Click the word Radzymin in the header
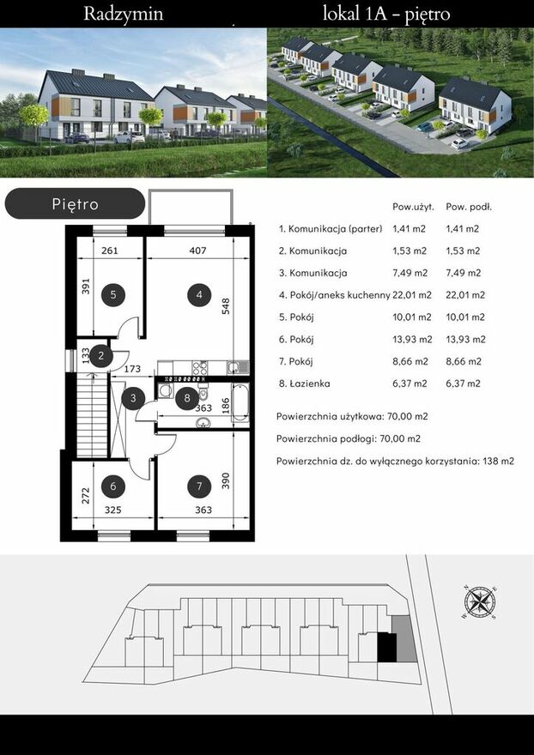(124, 14)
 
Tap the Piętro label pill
(75, 203)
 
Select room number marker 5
(113, 294)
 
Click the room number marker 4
(199, 294)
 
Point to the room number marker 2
(101, 356)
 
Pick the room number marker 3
(133, 398)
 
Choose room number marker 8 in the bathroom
(187, 398)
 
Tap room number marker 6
(113, 486)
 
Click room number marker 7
(199, 486)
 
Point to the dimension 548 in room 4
(226, 306)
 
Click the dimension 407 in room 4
(197, 251)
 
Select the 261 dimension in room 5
(110, 251)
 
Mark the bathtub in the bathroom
(240, 402)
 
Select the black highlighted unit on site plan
(386, 647)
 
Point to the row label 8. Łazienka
(304, 384)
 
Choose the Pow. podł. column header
(469, 207)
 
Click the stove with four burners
(200, 368)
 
